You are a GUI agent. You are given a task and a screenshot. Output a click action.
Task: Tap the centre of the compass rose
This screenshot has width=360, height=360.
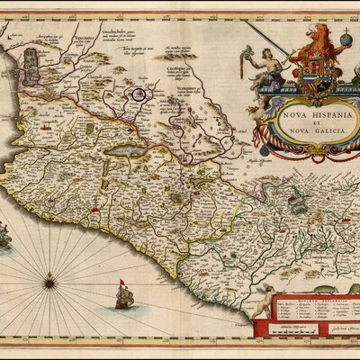click(x=49, y=283)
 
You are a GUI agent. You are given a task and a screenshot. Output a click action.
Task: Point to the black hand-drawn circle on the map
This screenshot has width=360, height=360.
click(x=139, y=92)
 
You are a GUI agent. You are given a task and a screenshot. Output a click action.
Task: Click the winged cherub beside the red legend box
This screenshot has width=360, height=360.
click(x=264, y=300)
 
